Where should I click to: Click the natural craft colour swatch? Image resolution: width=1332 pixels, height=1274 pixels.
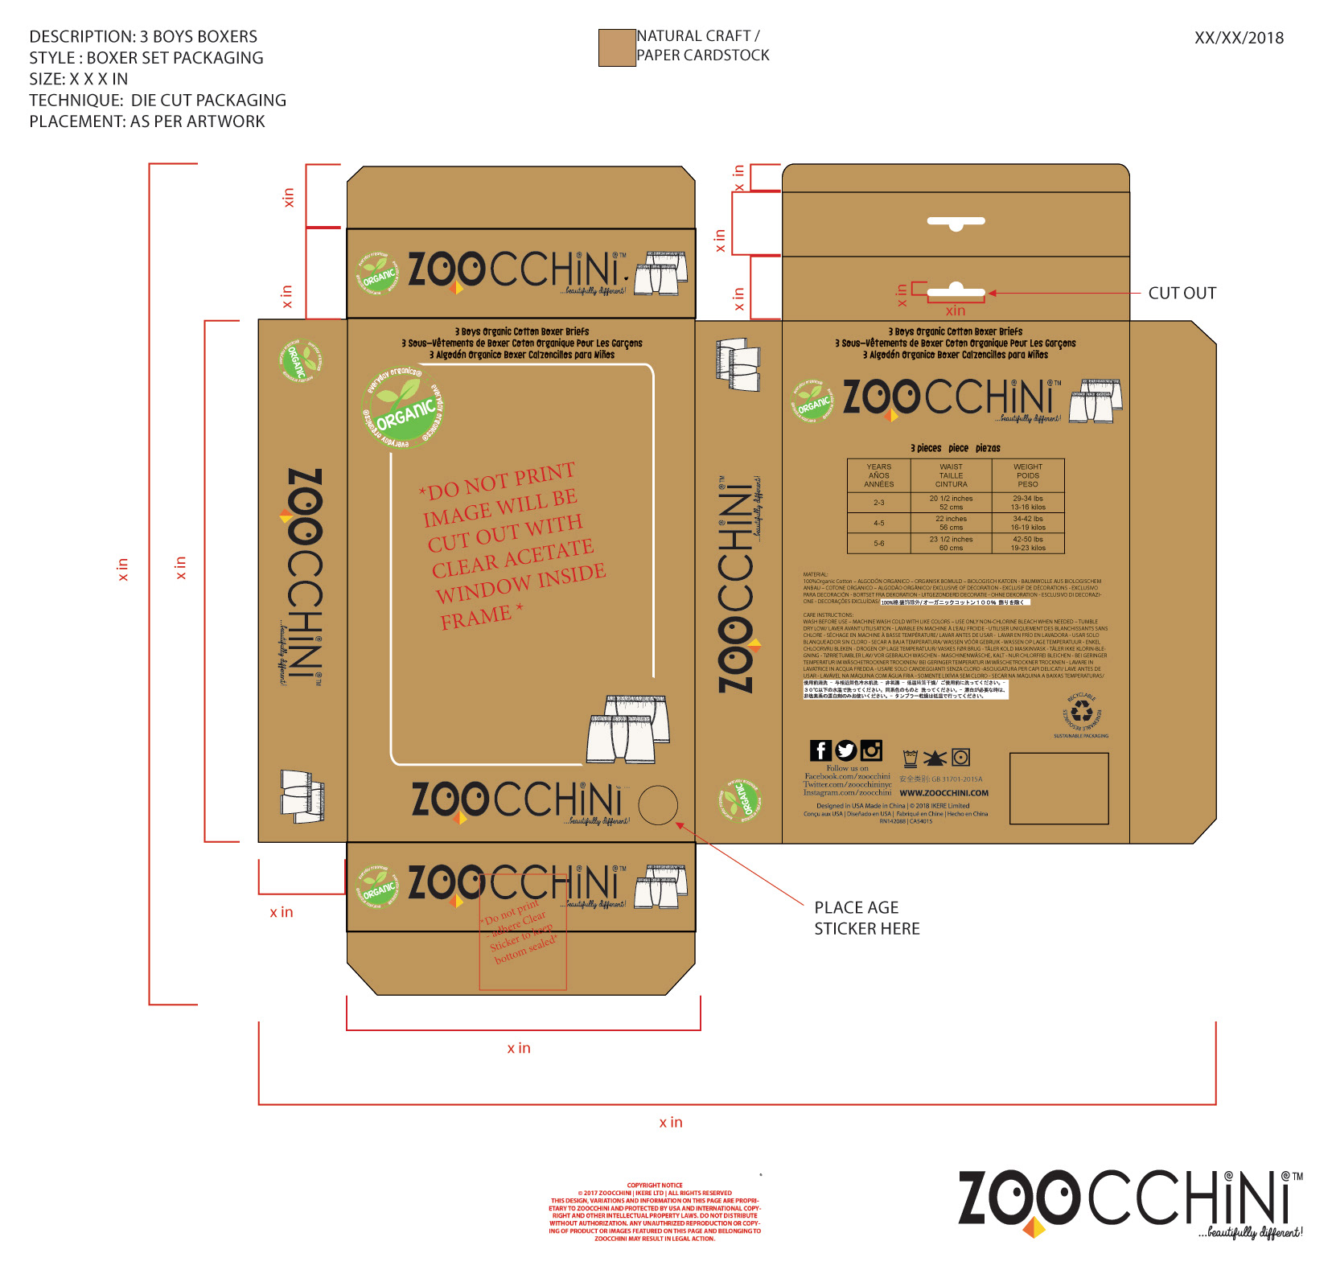click(617, 47)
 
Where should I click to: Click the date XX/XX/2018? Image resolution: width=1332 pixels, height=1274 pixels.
click(1239, 38)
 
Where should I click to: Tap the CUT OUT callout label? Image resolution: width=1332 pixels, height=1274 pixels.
click(1182, 293)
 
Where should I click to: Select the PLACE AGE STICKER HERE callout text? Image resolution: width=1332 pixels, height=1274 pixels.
click(866, 918)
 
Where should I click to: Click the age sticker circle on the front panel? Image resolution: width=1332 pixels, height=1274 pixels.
click(658, 805)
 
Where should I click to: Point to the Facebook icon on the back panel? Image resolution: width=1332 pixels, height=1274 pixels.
click(820, 750)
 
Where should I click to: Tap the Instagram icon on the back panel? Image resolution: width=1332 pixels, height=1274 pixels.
click(871, 750)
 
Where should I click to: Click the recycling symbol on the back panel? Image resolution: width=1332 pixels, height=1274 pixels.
click(1082, 712)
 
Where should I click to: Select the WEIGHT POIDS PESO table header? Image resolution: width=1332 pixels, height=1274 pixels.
click(1027, 475)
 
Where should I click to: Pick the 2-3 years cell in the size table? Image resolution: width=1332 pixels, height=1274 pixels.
click(878, 503)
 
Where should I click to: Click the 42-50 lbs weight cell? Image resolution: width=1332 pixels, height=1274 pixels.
click(1027, 543)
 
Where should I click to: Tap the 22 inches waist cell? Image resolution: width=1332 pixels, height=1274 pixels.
click(951, 523)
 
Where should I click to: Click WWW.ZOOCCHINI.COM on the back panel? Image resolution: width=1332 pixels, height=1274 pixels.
click(943, 793)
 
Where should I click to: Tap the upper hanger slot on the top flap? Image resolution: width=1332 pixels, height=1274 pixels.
click(956, 222)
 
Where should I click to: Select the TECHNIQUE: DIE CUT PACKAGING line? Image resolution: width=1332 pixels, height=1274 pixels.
click(158, 100)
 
